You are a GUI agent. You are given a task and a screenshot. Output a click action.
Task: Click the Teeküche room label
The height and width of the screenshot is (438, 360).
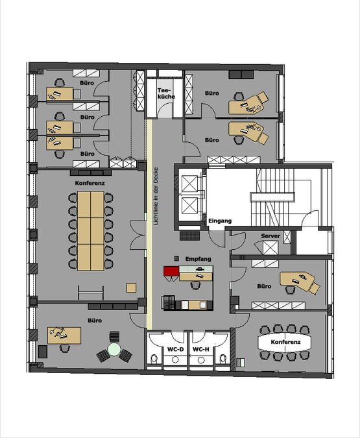pyautogui.click(x=166, y=93)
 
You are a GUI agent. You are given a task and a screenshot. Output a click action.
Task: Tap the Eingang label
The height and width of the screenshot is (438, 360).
pyautogui.click(x=220, y=221)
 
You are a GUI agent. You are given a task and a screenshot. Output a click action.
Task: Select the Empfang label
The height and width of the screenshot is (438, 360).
pyautogui.click(x=198, y=259)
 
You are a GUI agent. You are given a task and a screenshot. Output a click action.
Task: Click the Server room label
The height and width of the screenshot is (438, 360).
pyautogui.click(x=270, y=236)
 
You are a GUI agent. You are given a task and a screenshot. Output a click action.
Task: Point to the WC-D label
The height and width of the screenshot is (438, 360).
pyautogui.click(x=175, y=349)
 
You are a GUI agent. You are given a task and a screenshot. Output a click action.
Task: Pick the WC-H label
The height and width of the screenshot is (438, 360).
pyautogui.click(x=201, y=349)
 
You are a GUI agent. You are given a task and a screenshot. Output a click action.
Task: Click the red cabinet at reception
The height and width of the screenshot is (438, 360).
pyautogui.click(x=171, y=271)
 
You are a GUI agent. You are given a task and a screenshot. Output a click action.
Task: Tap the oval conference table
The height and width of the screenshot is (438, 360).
pyautogui.click(x=284, y=342)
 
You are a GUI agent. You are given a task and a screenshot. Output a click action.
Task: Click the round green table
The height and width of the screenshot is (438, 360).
pyautogui.click(x=114, y=349)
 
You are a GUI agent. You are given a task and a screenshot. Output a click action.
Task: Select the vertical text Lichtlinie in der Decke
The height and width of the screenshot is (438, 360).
pyautogui.click(x=156, y=196)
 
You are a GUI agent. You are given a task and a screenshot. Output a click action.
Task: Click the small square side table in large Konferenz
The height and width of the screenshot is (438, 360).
pyautogui.click(x=131, y=287)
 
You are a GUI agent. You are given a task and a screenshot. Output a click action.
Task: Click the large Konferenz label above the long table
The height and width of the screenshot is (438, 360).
pyautogui.click(x=90, y=183)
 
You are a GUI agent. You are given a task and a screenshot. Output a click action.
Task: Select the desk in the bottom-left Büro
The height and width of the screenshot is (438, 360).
pyautogui.click(x=64, y=335)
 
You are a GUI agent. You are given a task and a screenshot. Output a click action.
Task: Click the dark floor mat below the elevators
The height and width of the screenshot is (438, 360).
pyautogui.click(x=190, y=236)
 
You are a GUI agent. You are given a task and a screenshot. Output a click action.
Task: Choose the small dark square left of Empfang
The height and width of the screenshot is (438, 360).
pyautogui.click(x=176, y=259)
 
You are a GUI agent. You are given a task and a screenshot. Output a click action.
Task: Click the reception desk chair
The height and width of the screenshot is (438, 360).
pyautogui.click(x=195, y=286)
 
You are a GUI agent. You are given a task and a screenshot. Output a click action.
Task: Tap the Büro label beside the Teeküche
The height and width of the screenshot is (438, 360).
pyautogui.click(x=211, y=93)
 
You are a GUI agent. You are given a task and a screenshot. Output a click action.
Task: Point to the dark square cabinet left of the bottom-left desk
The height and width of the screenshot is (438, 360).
pyautogui.click(x=43, y=352)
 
